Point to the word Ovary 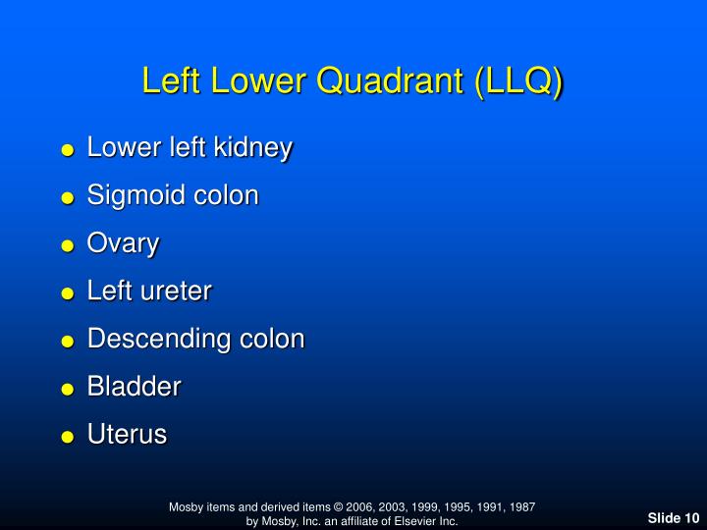click(x=123, y=243)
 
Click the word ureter click(x=177, y=291)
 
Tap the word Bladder click(x=135, y=386)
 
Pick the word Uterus click(x=128, y=434)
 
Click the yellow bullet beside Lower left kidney click(x=68, y=151)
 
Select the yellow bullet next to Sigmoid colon click(x=68, y=198)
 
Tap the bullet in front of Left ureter click(x=68, y=293)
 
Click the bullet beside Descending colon click(x=68, y=342)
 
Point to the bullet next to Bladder click(x=68, y=389)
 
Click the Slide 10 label click(x=673, y=518)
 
